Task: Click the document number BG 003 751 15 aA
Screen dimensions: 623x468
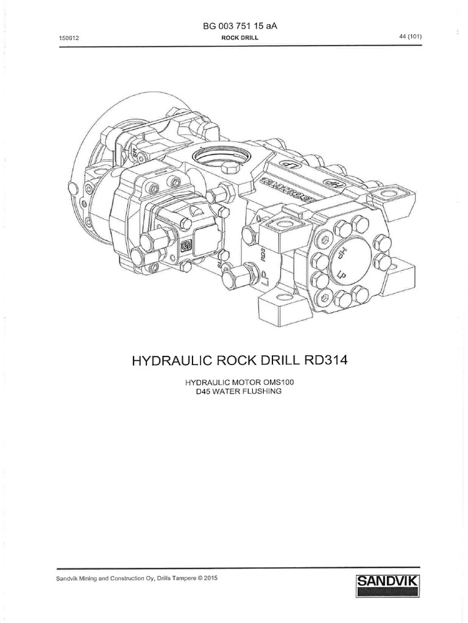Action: coord(234,27)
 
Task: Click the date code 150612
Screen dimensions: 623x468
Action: coord(66,38)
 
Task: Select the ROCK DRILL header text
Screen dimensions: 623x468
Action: coord(233,38)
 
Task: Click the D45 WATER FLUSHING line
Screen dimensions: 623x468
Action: coord(233,392)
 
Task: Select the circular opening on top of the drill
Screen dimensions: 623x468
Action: coord(221,160)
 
